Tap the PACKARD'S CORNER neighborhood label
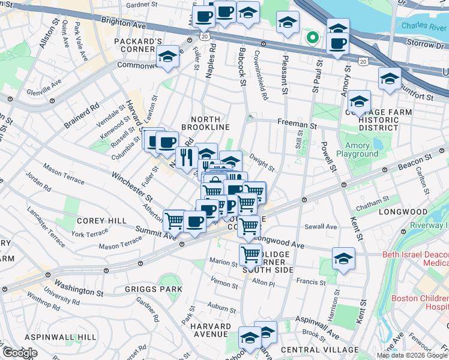pos(139,46)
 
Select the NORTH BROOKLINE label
pos(211,122)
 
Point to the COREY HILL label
pos(101,221)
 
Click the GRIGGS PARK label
pos(145,289)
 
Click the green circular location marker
pos(312,38)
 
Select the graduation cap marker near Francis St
pos(343,259)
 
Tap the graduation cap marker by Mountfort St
pos(390,79)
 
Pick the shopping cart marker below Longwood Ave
pos(250,254)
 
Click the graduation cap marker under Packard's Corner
pos(168,57)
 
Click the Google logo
pos(20,353)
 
